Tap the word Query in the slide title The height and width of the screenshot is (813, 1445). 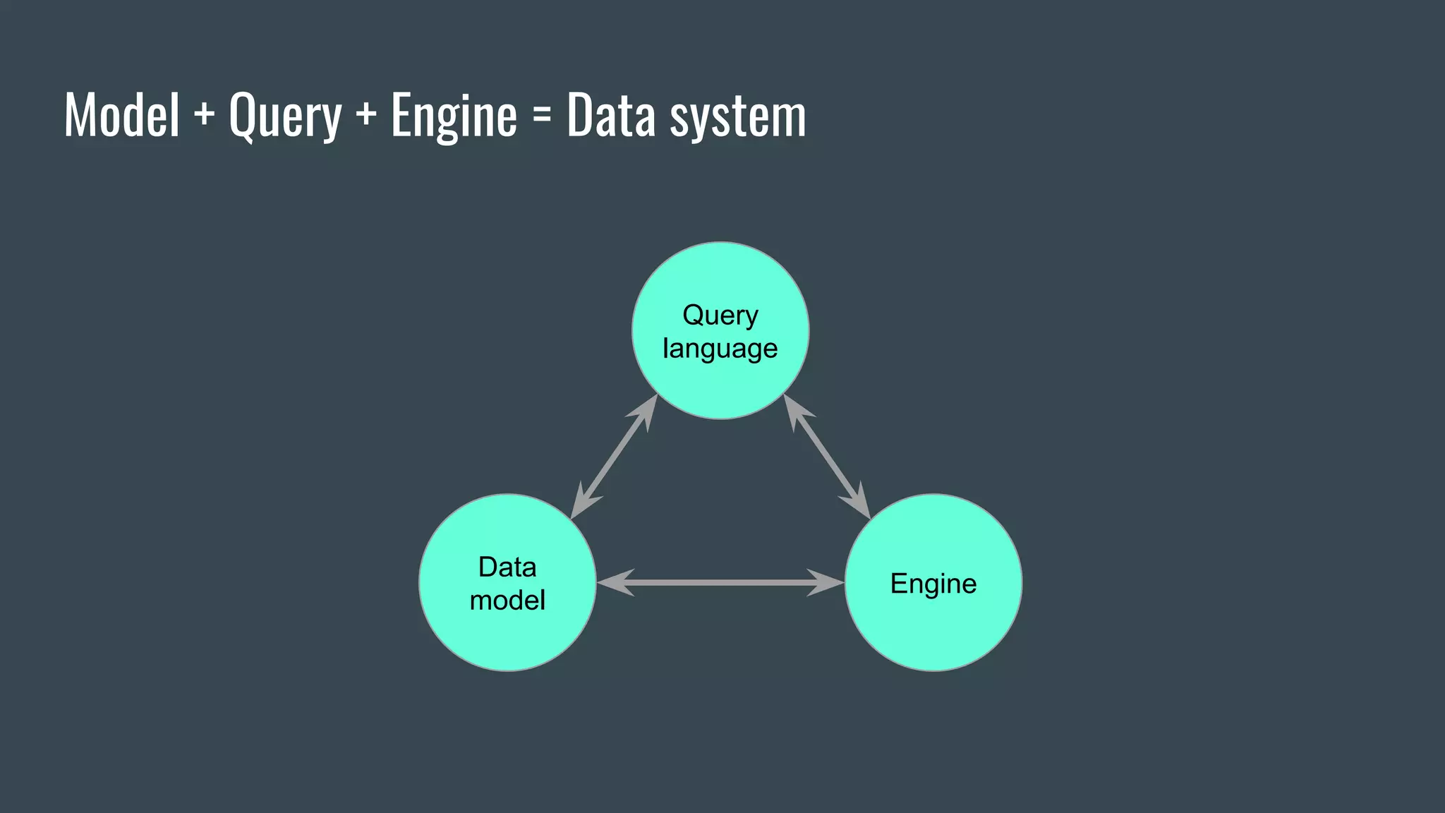[285, 116]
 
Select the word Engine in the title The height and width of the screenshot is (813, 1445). [454, 116]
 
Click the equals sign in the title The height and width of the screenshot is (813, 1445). [541, 115]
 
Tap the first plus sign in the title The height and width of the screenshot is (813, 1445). [204, 115]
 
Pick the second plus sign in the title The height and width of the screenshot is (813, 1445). [365, 115]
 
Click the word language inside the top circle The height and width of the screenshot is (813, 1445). [720, 349]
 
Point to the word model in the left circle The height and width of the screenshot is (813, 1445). [507, 601]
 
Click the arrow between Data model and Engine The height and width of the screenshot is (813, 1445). [720, 582]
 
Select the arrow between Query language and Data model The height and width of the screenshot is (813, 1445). [614, 457]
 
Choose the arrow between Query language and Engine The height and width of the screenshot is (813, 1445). [827, 457]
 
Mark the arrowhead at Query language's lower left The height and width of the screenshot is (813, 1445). [646, 411]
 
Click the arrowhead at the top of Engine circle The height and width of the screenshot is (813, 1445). [859, 503]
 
